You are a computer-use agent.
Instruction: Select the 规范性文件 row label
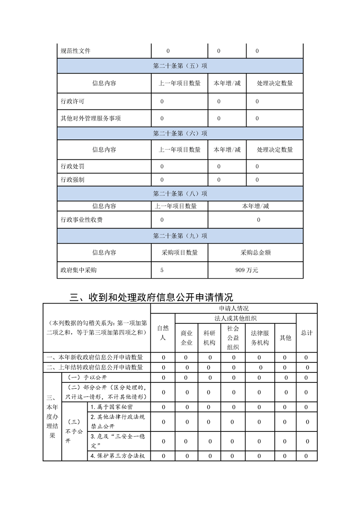point(75,51)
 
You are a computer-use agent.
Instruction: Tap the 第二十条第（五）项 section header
point(180,66)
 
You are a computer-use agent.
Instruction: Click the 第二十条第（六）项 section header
point(180,133)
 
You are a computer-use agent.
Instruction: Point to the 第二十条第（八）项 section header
point(180,194)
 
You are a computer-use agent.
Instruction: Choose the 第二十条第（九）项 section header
point(180,236)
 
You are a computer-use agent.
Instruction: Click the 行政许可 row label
point(72,102)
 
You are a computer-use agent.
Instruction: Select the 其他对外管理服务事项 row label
point(91,118)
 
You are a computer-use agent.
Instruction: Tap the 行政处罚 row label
point(72,166)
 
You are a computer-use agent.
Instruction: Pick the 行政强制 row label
point(72,180)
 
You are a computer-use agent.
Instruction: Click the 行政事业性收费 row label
point(81,220)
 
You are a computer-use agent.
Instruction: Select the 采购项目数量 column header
point(179,253)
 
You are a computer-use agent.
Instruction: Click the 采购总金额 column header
point(255,253)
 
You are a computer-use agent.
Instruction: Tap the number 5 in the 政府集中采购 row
point(162,270)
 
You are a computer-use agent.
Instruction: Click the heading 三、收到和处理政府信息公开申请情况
point(152,298)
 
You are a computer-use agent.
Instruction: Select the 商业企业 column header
point(187,338)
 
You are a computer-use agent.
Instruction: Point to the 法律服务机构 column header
point(260,338)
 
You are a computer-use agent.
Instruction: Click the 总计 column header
point(306,333)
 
